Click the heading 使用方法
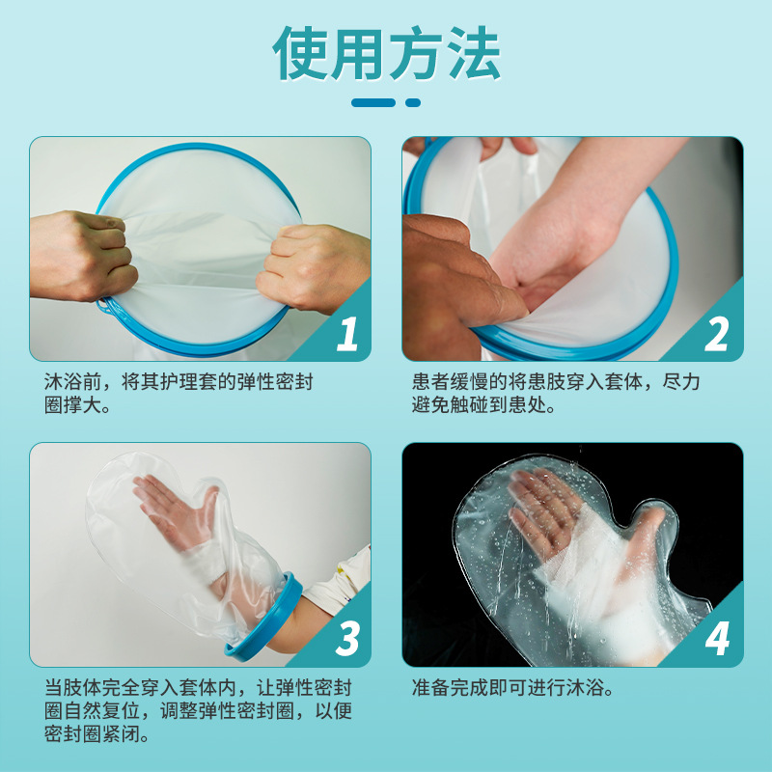386,53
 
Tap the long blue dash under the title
373,102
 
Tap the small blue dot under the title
413,102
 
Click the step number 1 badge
346,333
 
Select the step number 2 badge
717,333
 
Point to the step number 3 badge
346,639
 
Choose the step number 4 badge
717,639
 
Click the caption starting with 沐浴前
179,394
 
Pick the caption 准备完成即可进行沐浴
512,689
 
